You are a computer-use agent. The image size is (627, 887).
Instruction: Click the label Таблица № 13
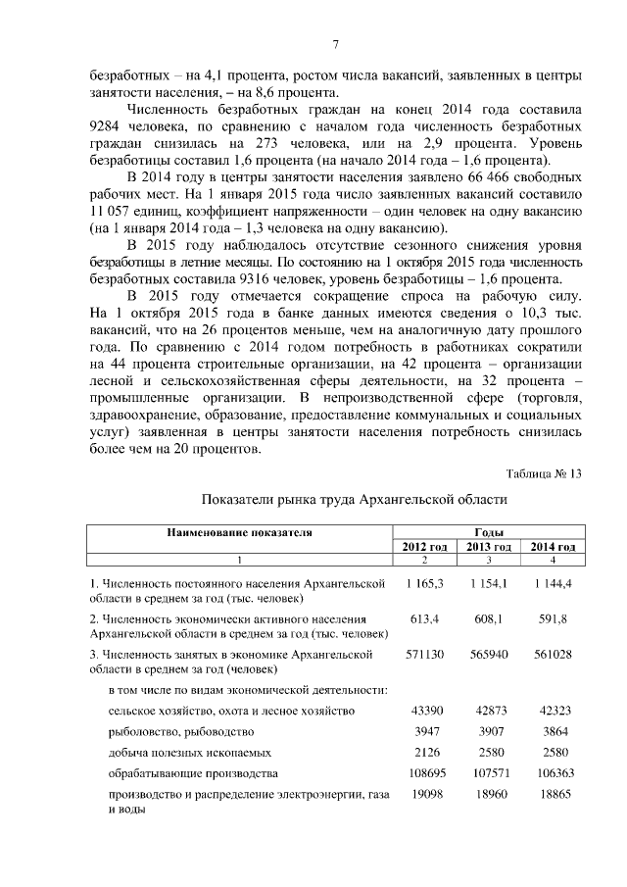click(x=544, y=473)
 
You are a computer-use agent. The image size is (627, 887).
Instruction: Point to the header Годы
click(x=488, y=531)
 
